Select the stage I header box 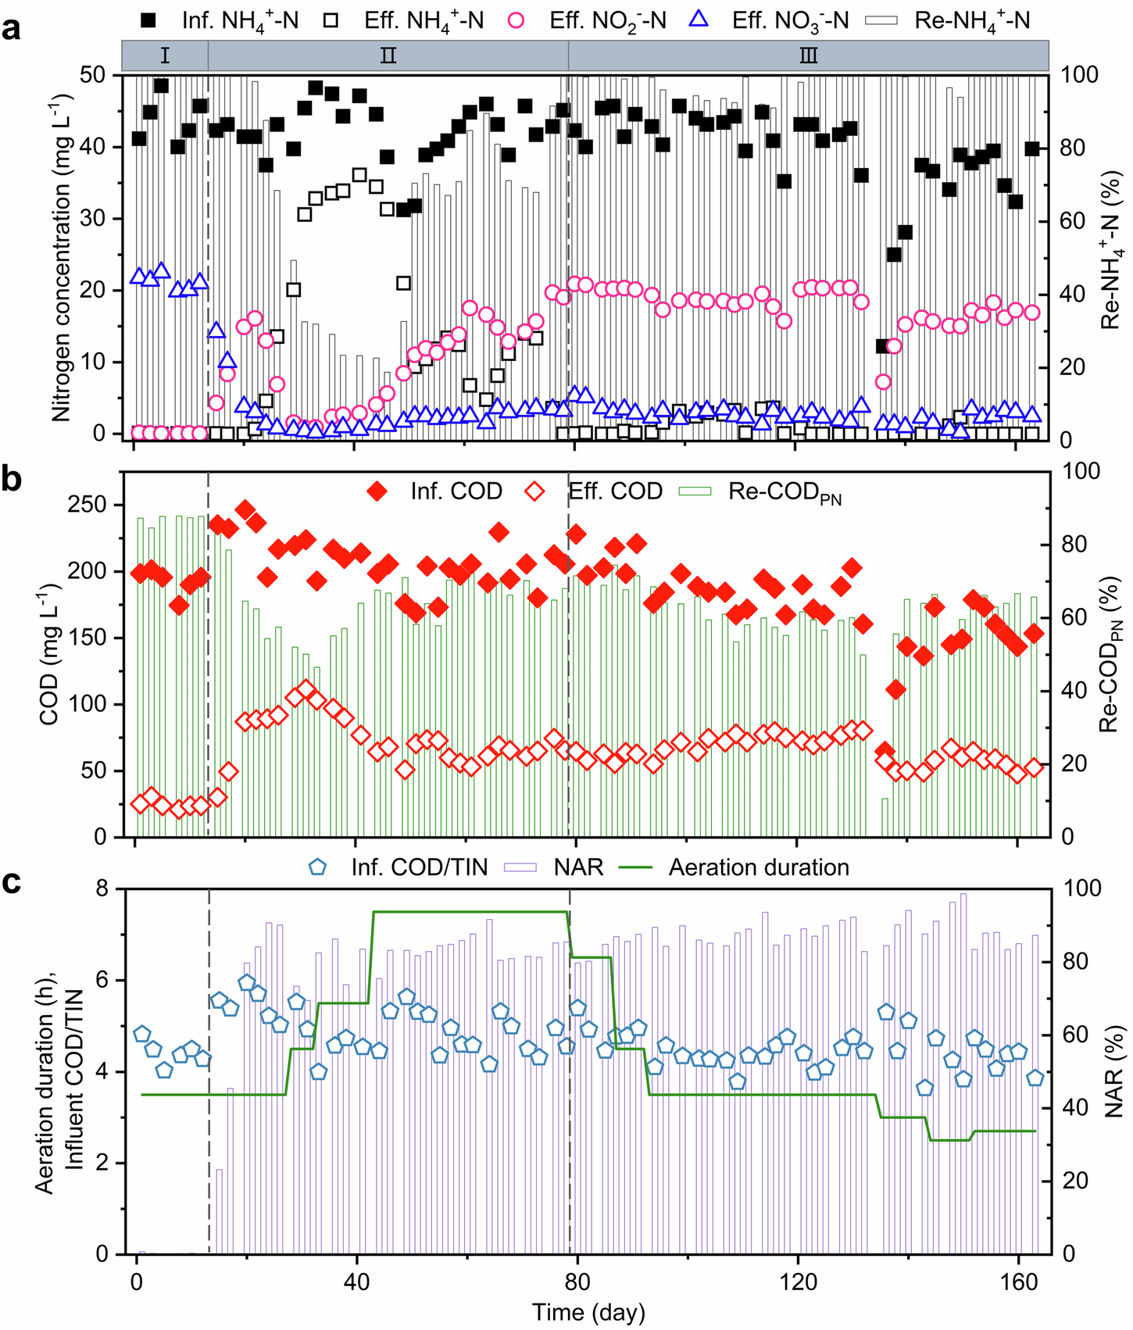point(165,56)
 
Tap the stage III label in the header point(808,56)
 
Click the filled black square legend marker point(152,20)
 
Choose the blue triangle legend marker point(700,19)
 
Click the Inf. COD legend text point(456,492)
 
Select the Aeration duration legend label point(759,867)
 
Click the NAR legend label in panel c point(578,867)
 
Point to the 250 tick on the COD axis point(97,505)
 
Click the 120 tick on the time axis point(798,1282)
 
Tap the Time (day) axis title point(588,1312)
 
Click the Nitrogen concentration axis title point(61,258)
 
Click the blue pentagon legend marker point(318,867)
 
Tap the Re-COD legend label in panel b point(785,492)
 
